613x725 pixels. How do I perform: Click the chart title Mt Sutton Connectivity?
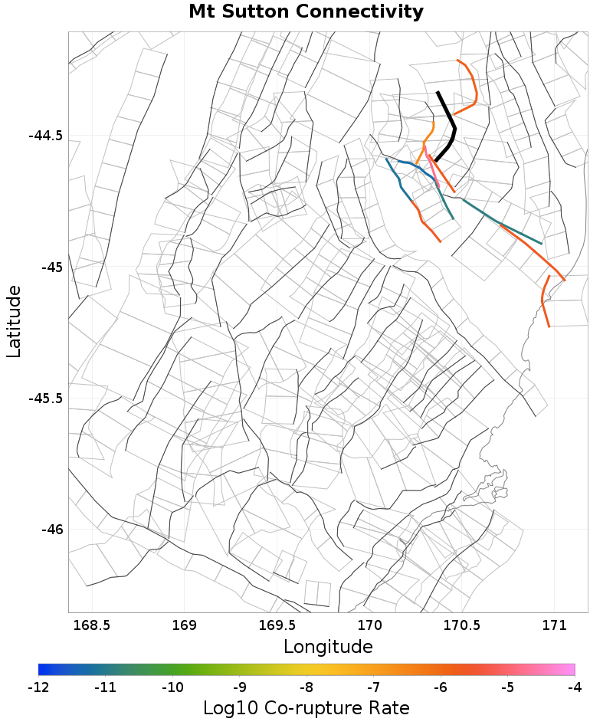click(x=306, y=12)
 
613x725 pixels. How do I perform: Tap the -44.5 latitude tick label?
click(x=45, y=136)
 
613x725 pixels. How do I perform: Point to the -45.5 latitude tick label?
click(x=45, y=399)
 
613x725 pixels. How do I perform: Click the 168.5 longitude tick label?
click(x=92, y=625)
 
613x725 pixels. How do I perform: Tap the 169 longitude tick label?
click(x=185, y=625)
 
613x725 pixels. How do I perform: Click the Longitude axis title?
click(x=328, y=646)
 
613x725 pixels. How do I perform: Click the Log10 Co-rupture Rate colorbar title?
click(x=306, y=707)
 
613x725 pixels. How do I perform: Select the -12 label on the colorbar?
click(x=38, y=687)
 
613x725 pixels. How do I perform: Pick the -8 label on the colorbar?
click(x=306, y=687)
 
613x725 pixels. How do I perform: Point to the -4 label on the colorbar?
click(x=574, y=687)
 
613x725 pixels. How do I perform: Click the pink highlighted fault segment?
click(x=434, y=170)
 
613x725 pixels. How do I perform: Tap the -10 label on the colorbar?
click(x=172, y=687)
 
